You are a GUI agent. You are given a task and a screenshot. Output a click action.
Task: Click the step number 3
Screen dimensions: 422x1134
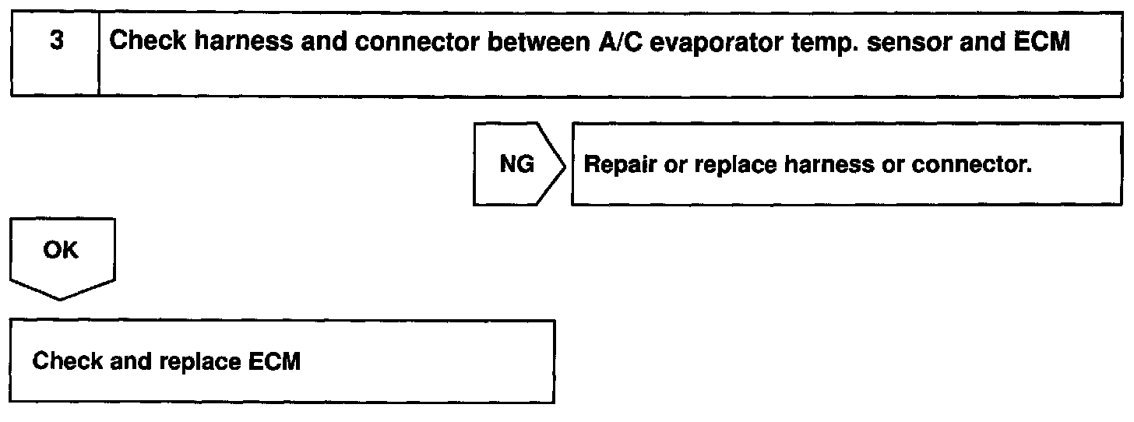[56, 42]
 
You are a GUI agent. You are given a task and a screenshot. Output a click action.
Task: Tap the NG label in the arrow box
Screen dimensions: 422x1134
[516, 166]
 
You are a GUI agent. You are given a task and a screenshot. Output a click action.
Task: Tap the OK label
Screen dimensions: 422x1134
[62, 251]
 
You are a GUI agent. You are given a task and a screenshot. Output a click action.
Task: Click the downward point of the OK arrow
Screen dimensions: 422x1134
[62, 297]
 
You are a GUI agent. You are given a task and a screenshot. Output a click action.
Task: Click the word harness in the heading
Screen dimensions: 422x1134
[239, 42]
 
